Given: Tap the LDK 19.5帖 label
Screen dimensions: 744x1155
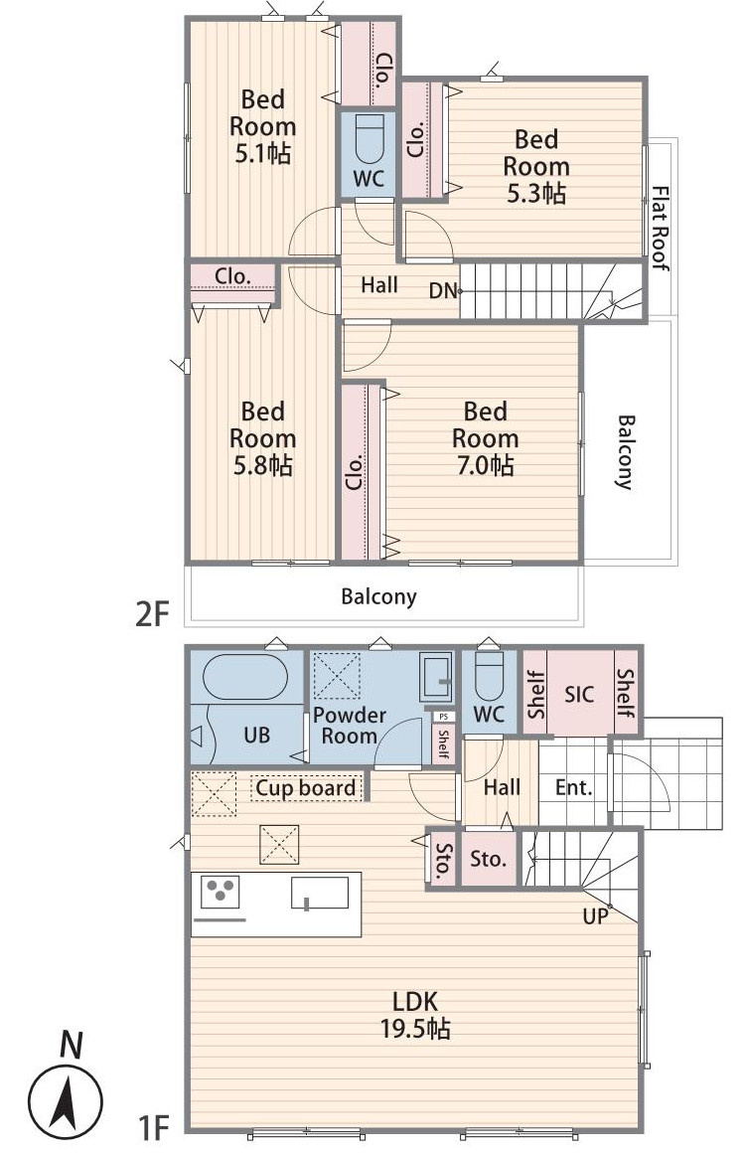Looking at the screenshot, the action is [x=415, y=1014].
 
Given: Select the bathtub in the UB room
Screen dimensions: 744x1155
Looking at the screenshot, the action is [x=245, y=677].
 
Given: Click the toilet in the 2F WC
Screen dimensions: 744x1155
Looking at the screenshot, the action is [x=369, y=138].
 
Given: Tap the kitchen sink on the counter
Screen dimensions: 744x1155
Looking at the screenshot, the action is [x=320, y=894].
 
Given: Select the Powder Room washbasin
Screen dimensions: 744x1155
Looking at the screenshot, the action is [x=436, y=677].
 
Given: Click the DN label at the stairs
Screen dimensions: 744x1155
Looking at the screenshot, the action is [x=443, y=291].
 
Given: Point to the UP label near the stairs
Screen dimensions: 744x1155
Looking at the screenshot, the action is [x=595, y=916].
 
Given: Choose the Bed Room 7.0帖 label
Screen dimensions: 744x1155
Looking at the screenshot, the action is [x=485, y=438].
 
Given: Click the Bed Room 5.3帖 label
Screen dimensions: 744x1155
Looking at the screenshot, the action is [x=536, y=166].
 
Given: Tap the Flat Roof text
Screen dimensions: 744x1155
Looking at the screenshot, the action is [x=661, y=228].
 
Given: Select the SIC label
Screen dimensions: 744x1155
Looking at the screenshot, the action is [x=579, y=694].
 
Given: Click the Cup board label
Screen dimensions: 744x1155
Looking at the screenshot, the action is [x=305, y=788].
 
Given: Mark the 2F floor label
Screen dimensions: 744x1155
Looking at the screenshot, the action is [x=153, y=613].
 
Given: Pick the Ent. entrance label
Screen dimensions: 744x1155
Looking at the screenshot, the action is [x=574, y=787].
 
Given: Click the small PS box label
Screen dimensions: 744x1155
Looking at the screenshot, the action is [x=442, y=716].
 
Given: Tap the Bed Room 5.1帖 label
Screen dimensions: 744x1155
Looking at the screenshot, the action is [x=262, y=126].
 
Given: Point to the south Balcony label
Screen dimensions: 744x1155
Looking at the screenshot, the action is [x=379, y=596].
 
